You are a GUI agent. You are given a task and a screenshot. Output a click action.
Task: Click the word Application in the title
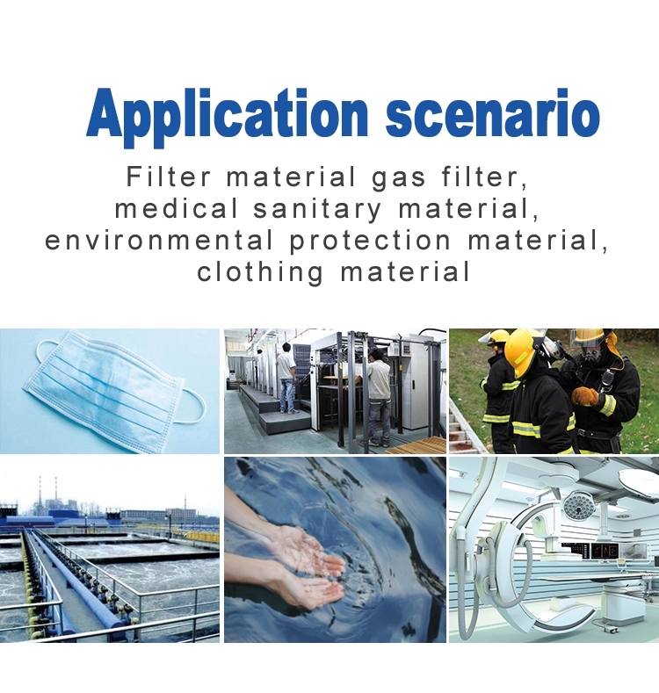[227, 116]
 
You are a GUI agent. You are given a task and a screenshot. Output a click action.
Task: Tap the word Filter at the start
[169, 176]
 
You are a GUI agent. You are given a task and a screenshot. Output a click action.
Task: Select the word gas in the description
[398, 178]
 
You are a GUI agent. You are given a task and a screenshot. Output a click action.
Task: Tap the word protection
[371, 242]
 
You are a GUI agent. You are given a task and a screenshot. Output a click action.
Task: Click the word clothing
[260, 272]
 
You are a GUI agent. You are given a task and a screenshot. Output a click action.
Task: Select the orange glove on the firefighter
[585, 396]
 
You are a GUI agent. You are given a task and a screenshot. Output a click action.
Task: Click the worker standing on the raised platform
[287, 379]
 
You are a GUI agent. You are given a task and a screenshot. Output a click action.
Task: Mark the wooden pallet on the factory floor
[416, 444]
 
